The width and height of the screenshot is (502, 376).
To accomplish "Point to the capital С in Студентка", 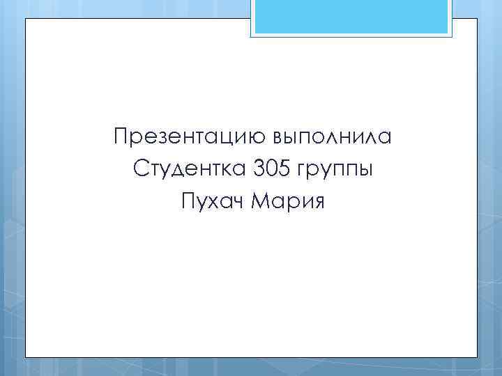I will pos(137,169).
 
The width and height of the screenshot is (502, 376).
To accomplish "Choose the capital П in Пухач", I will pos(187,202).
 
